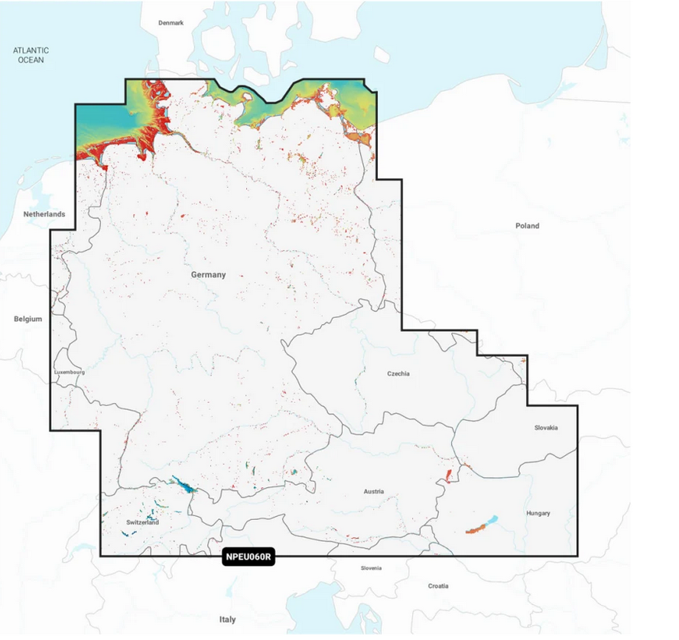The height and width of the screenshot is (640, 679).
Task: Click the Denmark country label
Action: click(171, 23)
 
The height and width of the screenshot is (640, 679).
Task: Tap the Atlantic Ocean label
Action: click(31, 54)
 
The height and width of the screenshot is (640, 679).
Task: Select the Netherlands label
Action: click(44, 214)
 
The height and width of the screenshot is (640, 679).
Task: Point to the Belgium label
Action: click(28, 319)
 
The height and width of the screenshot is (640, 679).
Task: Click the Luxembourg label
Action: click(69, 372)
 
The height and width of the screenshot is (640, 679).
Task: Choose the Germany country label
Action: click(208, 275)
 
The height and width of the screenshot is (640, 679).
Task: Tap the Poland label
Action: click(526, 226)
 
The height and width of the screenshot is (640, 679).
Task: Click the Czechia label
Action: click(398, 374)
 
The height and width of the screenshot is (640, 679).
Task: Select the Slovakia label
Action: click(545, 427)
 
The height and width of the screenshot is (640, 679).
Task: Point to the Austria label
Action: click(374, 492)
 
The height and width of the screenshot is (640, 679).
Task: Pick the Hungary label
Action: click(538, 513)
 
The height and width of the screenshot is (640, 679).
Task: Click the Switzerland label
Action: click(142, 523)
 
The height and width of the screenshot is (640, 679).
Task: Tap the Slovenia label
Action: click(371, 568)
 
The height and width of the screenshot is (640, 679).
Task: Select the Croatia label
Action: click(437, 586)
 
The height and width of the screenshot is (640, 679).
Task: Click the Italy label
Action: click(227, 619)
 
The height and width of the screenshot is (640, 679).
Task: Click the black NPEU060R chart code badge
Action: click(248, 557)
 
